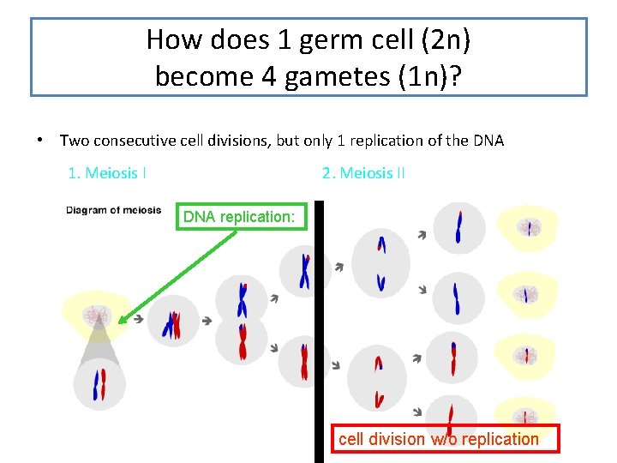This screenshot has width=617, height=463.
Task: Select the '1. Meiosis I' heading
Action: point(107,173)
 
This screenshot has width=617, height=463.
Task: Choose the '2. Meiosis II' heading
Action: point(363,173)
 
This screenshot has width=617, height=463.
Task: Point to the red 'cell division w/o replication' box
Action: point(446,439)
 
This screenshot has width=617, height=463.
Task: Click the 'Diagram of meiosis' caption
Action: point(114,211)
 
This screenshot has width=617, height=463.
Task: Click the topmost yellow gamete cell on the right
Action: point(528,228)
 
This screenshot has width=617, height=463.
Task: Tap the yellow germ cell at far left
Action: point(97,314)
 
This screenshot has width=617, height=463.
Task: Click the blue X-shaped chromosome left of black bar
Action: point(304,272)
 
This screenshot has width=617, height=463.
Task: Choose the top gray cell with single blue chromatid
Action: point(458,227)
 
